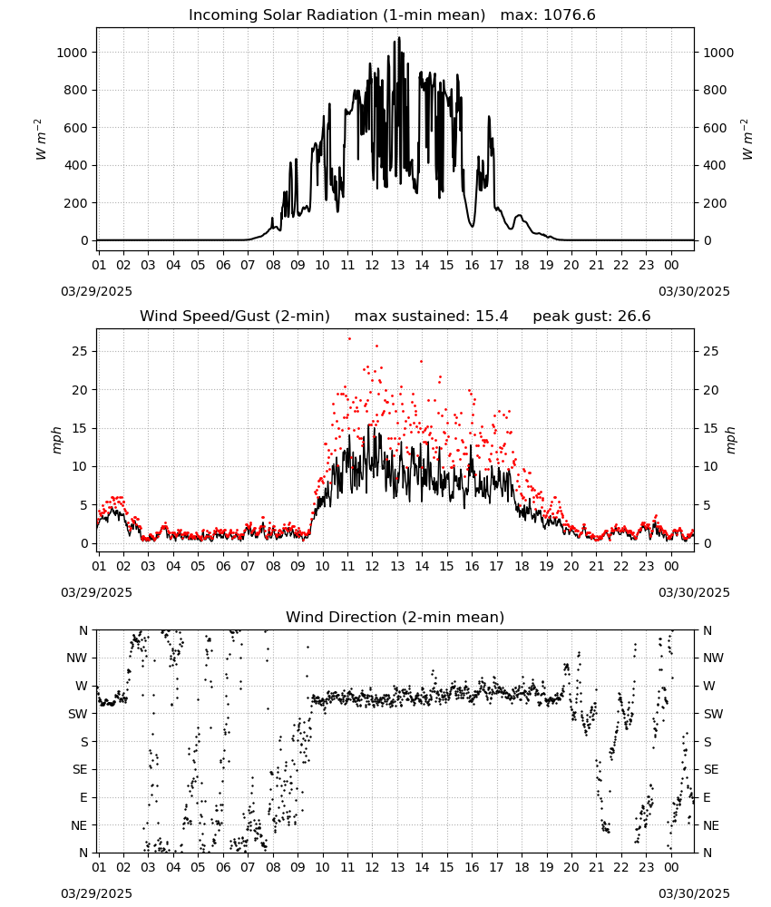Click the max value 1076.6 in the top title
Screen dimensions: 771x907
click(570, 15)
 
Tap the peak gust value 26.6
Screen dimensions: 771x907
click(631, 317)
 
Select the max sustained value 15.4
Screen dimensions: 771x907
click(492, 317)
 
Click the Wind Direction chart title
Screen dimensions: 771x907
click(395, 617)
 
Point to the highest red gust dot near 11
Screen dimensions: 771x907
click(349, 338)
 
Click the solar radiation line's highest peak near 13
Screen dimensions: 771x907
click(398, 38)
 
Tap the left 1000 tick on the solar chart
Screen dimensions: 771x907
click(72, 53)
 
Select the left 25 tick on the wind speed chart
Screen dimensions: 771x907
click(80, 351)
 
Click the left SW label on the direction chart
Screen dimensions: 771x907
click(77, 714)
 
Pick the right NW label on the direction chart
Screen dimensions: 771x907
click(713, 658)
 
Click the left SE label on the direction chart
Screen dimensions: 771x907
click(80, 769)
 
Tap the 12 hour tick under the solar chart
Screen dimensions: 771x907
click(372, 265)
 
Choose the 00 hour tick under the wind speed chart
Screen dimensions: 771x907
click(671, 566)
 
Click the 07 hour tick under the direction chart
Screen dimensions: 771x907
click(248, 868)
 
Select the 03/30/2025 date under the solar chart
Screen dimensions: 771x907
click(694, 291)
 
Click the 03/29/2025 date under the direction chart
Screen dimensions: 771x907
click(96, 893)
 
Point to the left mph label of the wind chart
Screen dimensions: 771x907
click(56, 440)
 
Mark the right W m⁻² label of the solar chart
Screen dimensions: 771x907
click(747, 140)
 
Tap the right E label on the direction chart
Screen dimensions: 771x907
click(707, 797)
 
